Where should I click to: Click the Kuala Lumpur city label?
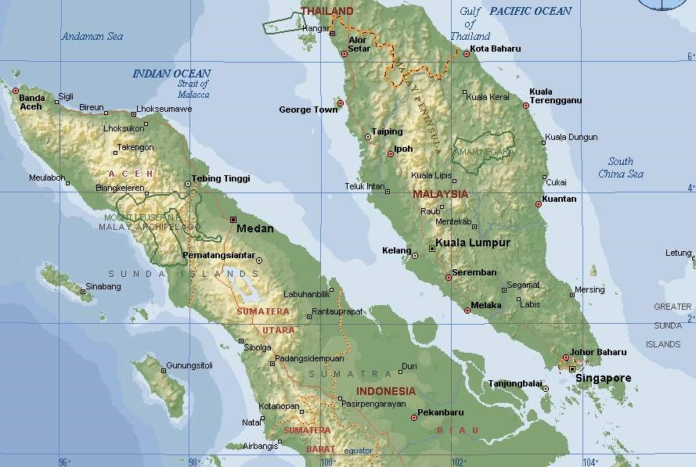(x=472, y=242)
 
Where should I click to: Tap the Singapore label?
(x=603, y=379)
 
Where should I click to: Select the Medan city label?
(x=254, y=229)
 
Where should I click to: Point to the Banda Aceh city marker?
(x=15, y=91)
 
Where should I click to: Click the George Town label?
(x=308, y=110)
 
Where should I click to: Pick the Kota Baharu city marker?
(x=466, y=54)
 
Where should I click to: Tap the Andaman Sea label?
(x=92, y=36)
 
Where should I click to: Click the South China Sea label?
(x=621, y=167)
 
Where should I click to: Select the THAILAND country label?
(x=327, y=11)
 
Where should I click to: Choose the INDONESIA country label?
(x=386, y=391)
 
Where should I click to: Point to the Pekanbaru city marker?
(x=414, y=418)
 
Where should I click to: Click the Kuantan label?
(x=559, y=199)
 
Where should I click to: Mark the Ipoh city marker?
(x=391, y=154)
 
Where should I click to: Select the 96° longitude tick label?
(x=65, y=462)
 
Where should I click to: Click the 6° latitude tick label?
(x=690, y=57)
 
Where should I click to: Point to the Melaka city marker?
(x=467, y=311)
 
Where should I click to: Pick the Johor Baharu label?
(x=598, y=352)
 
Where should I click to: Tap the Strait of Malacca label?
(x=193, y=89)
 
